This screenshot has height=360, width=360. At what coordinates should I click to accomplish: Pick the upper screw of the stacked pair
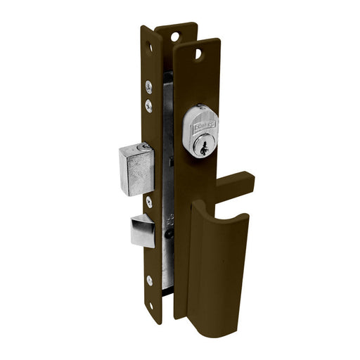pos(149,87)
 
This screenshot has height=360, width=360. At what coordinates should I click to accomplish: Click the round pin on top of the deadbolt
pos(145,147)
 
